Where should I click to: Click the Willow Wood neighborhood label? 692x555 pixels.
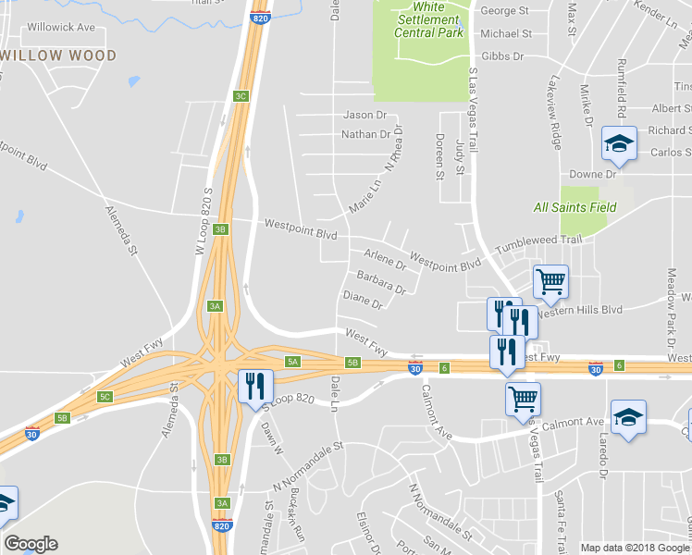pos(58,55)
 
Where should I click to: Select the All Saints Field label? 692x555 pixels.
pos(575,207)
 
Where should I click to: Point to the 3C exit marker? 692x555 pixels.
pos(241,96)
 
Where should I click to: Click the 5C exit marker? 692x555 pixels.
pos(105,397)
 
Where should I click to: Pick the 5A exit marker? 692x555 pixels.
pos(292,362)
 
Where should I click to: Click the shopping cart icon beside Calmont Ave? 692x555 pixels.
pos(523,399)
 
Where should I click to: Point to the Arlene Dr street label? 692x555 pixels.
pos(385,258)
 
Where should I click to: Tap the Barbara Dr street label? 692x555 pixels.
pos(381,282)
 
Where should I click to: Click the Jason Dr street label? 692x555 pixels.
pos(365,116)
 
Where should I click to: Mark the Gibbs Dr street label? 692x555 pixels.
pos(502,56)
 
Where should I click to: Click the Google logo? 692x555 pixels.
pos(31,544)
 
